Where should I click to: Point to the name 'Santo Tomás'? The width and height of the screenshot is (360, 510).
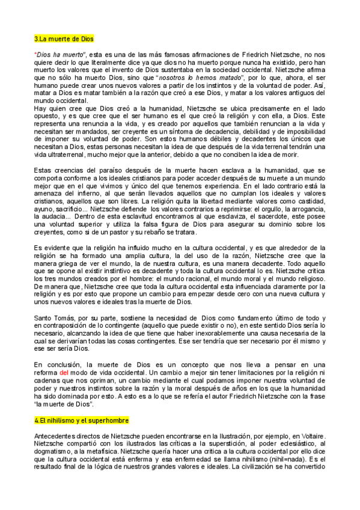tap(52, 318)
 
